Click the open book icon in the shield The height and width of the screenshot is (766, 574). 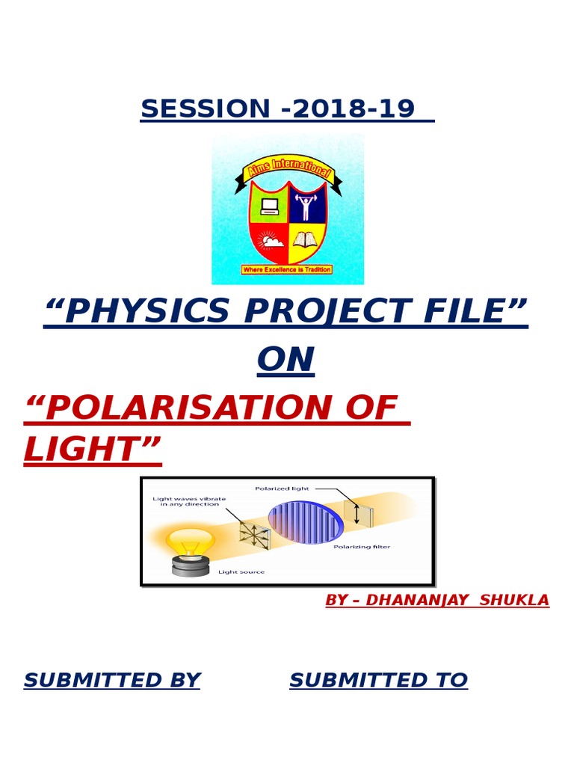304,240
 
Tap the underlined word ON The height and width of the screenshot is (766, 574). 286,361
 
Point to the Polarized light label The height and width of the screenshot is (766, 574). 282,488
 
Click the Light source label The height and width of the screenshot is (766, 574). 241,572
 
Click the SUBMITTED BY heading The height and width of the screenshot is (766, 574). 112,681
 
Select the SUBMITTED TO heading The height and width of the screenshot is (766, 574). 378,681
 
